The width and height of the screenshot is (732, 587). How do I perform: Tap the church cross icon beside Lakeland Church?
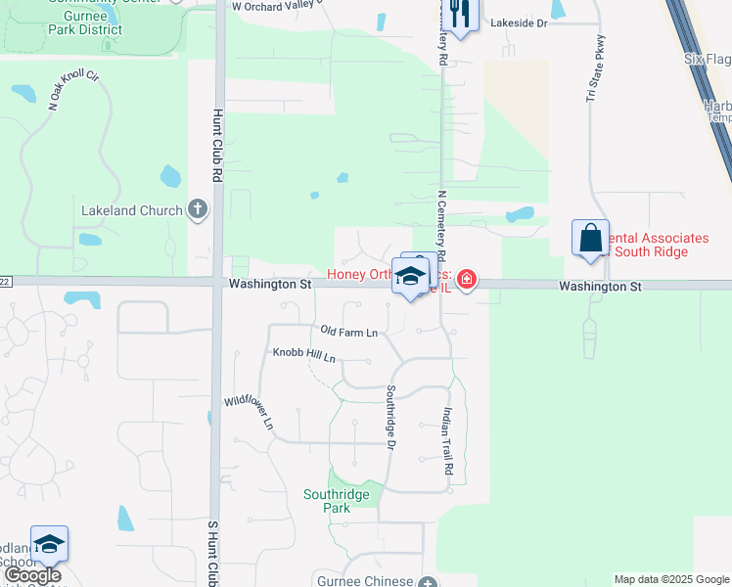[x=198, y=208]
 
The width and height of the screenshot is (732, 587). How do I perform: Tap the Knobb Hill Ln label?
[x=303, y=354]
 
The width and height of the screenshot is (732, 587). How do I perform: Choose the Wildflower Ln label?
[x=249, y=412]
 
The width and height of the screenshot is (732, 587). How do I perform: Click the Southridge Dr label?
[x=389, y=417]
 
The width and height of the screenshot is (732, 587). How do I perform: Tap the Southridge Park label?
[x=337, y=501]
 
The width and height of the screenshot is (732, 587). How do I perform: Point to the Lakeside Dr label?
[x=519, y=22]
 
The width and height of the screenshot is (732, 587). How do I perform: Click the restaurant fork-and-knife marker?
[x=459, y=14]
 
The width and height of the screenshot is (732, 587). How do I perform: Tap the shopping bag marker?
[x=590, y=238]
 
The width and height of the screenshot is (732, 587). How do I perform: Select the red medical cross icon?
[x=467, y=281]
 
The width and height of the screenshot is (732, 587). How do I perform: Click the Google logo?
[x=32, y=574]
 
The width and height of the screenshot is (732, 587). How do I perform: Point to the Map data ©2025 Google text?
[x=670, y=579]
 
